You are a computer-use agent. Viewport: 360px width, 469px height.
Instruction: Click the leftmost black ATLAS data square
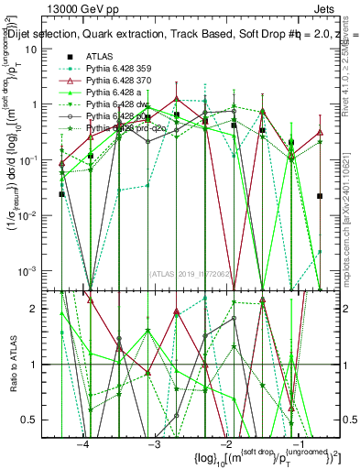point(61,194)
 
